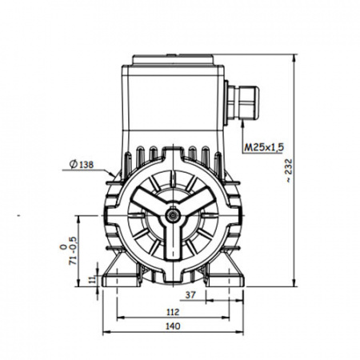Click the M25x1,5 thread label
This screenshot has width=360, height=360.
[264, 147]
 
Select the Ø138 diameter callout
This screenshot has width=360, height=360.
[82, 165]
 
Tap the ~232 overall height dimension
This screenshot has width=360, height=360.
[289, 170]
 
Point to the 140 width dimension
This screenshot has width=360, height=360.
[173, 326]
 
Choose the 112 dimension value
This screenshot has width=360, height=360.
[173, 312]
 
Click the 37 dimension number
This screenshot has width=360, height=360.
[190, 295]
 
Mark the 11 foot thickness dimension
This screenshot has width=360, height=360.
[93, 280]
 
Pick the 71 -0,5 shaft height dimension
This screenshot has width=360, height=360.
[69, 250]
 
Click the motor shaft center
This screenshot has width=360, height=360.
[174, 215]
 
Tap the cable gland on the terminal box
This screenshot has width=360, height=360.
[242, 102]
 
